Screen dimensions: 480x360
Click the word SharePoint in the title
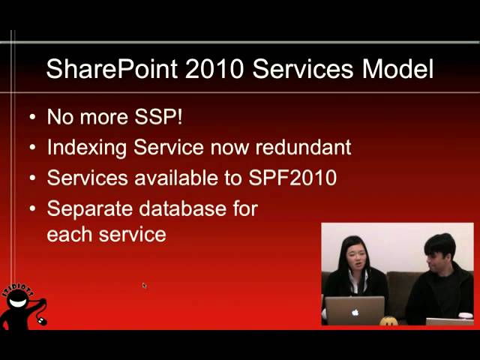click(112, 69)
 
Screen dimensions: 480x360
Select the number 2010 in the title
click(214, 69)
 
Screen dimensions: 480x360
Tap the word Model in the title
click(398, 69)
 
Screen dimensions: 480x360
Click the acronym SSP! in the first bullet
click(158, 117)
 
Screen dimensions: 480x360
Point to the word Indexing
click(87, 148)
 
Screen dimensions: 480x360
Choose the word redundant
click(303, 147)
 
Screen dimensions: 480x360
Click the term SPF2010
click(292, 178)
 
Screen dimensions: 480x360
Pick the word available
click(176, 178)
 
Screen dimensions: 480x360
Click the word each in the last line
click(70, 234)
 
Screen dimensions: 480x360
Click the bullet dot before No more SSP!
click(32, 117)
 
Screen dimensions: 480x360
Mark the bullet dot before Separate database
click(32, 209)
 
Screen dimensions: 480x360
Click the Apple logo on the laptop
click(355, 313)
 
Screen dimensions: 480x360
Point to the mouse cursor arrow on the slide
click(144, 285)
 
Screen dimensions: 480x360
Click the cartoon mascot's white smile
click(19, 303)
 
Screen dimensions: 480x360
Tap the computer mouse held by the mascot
click(42, 321)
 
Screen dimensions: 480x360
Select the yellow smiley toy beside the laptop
click(388, 321)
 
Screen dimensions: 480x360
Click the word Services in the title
click(303, 69)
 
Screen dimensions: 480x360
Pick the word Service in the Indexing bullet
click(169, 147)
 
